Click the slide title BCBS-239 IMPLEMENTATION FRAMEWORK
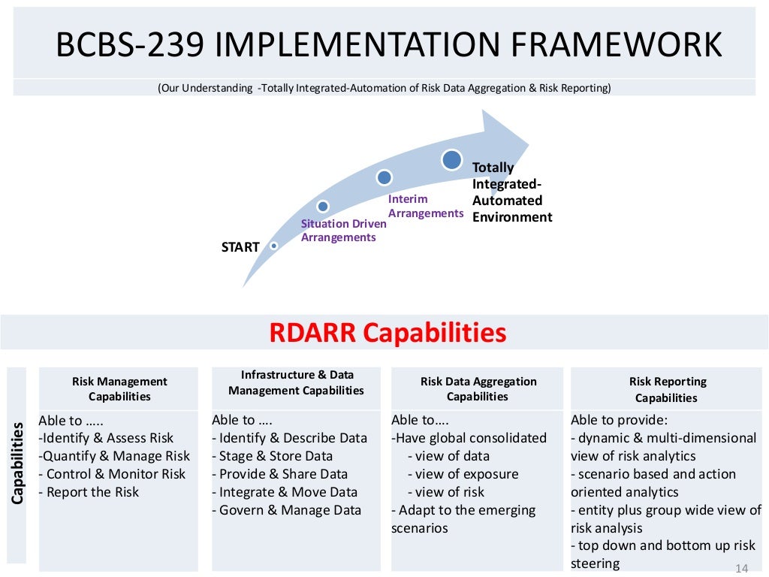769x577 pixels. [x=389, y=45]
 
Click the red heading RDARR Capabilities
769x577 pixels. [x=388, y=332]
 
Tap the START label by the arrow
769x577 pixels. [x=240, y=247]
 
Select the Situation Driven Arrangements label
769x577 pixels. [x=343, y=231]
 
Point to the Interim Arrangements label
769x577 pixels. [x=425, y=206]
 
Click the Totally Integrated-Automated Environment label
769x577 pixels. [x=511, y=192]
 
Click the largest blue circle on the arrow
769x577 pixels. [x=451, y=159]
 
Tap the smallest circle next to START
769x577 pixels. [x=274, y=246]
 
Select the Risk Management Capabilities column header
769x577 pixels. [x=119, y=389]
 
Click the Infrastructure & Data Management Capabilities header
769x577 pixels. [x=297, y=382]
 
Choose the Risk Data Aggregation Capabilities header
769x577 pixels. [x=478, y=389]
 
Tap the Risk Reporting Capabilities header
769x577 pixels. [x=667, y=390]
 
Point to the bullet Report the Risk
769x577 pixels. [x=92, y=492]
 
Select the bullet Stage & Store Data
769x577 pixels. [x=272, y=456]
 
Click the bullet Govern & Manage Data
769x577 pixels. [x=286, y=510]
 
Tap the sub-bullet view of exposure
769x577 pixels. [x=463, y=474]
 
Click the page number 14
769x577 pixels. [x=742, y=568]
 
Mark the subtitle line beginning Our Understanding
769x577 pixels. [x=384, y=88]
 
